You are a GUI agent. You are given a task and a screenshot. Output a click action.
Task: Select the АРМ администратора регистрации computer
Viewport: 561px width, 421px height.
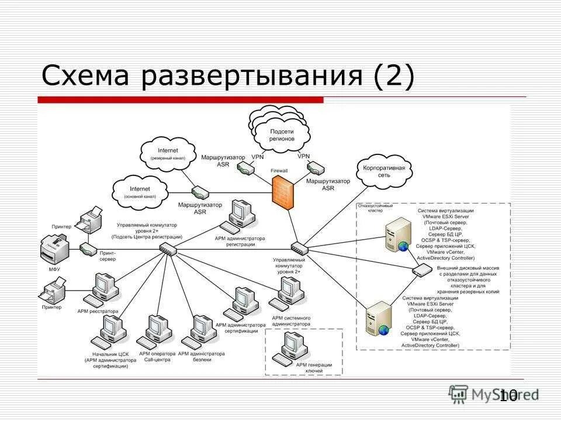point(241,216)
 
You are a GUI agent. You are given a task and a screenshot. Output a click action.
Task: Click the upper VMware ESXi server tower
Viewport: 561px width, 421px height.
point(393,234)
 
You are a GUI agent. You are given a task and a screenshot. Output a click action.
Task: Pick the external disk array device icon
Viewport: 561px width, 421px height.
point(421,270)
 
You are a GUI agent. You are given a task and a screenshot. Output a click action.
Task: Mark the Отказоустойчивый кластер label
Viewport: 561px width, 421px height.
point(375,208)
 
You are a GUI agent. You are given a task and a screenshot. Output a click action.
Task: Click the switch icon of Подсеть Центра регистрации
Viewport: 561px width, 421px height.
point(168,250)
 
